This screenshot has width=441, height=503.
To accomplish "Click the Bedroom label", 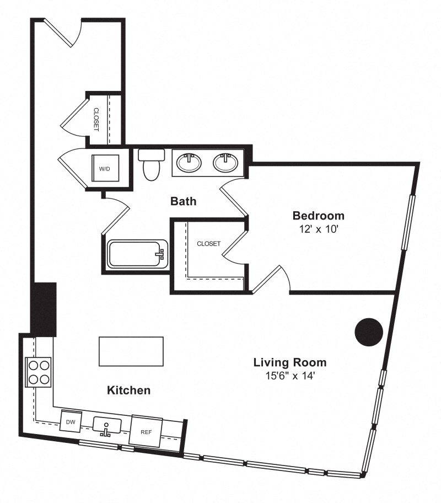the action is pyautogui.click(x=319, y=215).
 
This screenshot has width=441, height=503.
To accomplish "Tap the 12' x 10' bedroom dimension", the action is pyautogui.click(x=319, y=229).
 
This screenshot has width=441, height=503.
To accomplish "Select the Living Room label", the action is pyautogui.click(x=290, y=362).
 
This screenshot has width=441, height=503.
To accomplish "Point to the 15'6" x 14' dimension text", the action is pyautogui.click(x=291, y=376).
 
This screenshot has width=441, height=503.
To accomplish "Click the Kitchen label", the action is pyautogui.click(x=128, y=390).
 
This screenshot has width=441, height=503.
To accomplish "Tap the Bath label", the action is pyautogui.click(x=183, y=201).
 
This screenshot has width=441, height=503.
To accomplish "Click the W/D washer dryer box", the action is pyautogui.click(x=105, y=168).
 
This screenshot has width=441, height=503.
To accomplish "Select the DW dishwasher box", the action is pyautogui.click(x=71, y=421).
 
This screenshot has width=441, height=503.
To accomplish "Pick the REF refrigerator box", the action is pyautogui.click(x=146, y=431).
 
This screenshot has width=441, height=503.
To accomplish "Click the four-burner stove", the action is pyautogui.click(x=39, y=372).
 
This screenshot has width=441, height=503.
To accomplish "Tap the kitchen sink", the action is pyautogui.click(x=107, y=426).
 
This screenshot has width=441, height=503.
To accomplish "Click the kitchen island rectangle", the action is pyautogui.click(x=131, y=351).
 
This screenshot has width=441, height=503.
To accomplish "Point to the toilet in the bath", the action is pyautogui.click(x=152, y=164).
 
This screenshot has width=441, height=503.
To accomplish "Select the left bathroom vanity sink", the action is pyautogui.click(x=189, y=162).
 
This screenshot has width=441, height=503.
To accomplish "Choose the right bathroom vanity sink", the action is pyautogui.click(x=226, y=162).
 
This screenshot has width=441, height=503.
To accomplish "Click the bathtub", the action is pyautogui.click(x=138, y=254).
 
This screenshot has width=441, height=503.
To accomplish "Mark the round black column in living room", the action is pyautogui.click(x=369, y=332).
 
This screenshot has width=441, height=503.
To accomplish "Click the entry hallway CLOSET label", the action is pyautogui.click(x=96, y=120).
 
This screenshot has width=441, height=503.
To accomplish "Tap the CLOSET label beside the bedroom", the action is pyautogui.click(x=209, y=244).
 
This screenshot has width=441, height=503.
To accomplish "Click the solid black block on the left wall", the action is pyautogui.click(x=44, y=309).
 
